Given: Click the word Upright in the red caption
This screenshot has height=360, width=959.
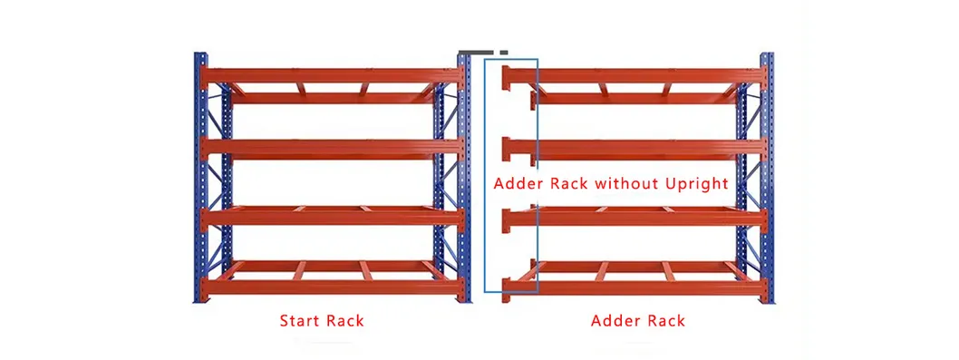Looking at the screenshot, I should (695, 183).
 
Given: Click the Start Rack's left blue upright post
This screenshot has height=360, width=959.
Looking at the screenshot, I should (200, 181).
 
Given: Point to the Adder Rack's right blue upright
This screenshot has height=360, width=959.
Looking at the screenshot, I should (767, 181).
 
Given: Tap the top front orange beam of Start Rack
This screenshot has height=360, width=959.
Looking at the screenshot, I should (332, 75).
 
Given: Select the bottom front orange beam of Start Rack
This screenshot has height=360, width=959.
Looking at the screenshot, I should (332, 287).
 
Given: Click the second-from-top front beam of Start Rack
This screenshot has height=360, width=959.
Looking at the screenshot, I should (332, 148).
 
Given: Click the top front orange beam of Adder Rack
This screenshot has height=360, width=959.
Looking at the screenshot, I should (634, 75).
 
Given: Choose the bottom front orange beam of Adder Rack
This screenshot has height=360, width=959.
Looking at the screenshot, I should (634, 287).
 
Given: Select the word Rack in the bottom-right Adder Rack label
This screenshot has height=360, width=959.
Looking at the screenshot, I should (664, 321).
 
